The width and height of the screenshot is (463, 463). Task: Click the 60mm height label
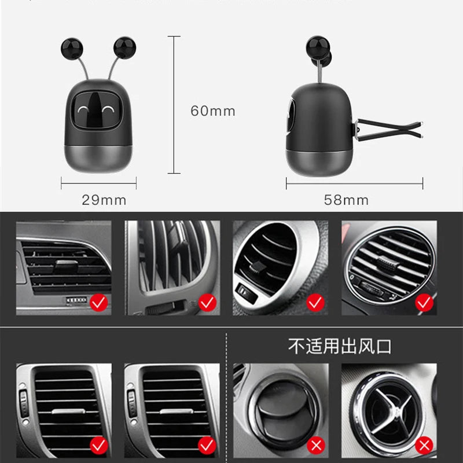213,111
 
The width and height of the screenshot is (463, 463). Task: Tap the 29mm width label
104,200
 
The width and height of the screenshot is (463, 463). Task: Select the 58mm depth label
346,200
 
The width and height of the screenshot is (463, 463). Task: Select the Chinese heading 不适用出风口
340,346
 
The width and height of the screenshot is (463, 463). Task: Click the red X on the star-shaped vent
425,445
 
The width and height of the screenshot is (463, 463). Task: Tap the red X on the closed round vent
317,445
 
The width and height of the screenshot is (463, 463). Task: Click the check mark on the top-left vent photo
98,302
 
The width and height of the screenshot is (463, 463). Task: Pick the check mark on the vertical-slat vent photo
207,302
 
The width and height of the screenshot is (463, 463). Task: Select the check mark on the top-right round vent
424,302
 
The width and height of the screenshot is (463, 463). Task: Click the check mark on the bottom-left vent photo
98,445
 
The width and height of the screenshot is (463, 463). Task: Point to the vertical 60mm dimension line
173,104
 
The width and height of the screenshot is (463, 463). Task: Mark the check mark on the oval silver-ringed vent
315,302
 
